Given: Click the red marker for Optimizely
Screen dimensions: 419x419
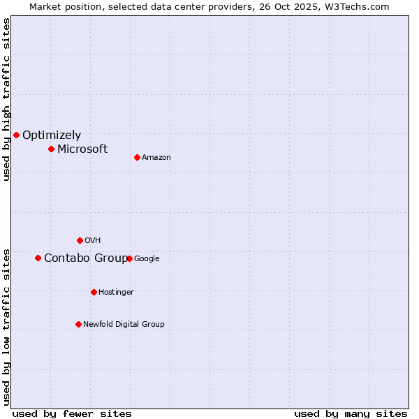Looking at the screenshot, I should click(16, 135).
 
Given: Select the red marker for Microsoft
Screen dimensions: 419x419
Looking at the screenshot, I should click(51, 149).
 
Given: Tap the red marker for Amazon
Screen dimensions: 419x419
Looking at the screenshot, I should click(137, 157).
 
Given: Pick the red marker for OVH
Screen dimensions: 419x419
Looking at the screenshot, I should click(80, 240).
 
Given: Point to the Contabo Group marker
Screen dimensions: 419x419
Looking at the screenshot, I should click(38, 258).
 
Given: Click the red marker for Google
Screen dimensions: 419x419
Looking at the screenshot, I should click(129, 258).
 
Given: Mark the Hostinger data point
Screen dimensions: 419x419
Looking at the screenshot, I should click(94, 292).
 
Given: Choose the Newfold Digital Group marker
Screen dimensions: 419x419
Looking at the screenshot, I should click(78, 324).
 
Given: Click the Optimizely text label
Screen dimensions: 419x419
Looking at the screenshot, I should click(52, 135).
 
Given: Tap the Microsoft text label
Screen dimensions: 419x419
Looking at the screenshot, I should click(82, 149).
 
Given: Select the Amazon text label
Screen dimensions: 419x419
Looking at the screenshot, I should click(156, 158).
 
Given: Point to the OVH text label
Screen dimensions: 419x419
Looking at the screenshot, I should click(93, 241).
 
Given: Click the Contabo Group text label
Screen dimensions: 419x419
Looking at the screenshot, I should click(85, 258).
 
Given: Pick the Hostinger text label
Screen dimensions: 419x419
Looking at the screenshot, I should click(116, 292).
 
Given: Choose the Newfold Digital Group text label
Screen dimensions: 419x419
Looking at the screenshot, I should click(124, 324).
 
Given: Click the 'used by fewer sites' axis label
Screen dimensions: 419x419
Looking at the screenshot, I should click(72, 413).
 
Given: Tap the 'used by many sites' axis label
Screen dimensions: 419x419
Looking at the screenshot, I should click(351, 413).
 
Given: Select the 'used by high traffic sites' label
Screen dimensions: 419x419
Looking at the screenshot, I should click(6, 99).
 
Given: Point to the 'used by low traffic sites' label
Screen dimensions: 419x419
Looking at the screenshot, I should click(6, 326).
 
